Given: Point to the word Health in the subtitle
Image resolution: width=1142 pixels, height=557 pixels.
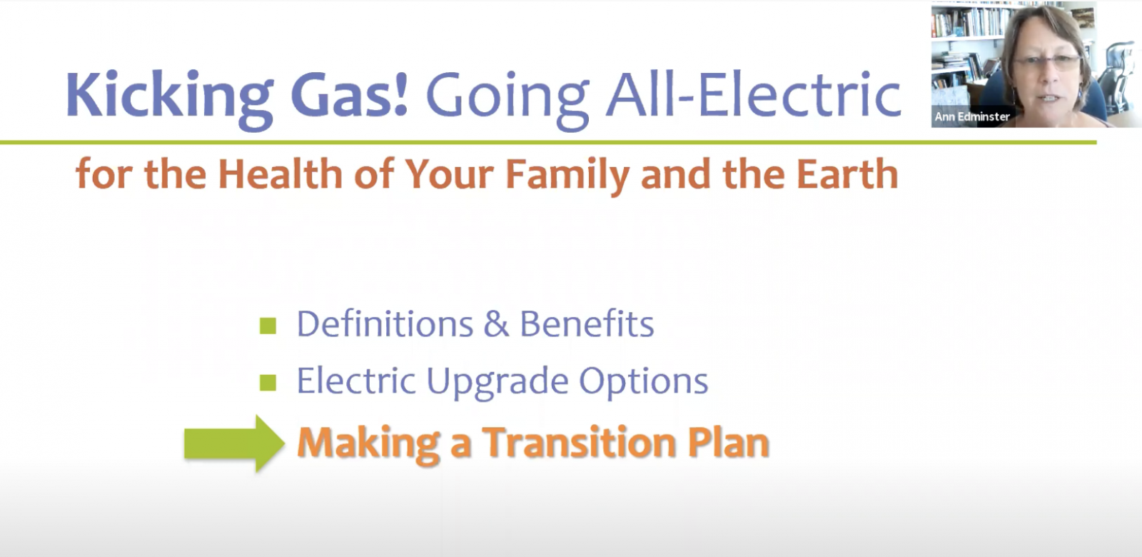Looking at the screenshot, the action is pyautogui.click(x=280, y=174).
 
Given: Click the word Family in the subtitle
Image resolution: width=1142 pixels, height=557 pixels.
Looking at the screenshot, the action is pyautogui.click(x=567, y=176).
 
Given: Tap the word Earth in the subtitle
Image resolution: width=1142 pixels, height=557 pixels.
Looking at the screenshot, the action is pyautogui.click(x=847, y=174).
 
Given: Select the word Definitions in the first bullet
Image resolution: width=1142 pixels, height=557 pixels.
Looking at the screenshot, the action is pyautogui.click(x=385, y=323).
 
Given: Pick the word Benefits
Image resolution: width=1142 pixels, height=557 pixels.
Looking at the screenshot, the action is pyautogui.click(x=587, y=323).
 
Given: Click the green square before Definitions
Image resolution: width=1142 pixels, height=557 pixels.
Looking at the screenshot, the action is pyautogui.click(x=268, y=326).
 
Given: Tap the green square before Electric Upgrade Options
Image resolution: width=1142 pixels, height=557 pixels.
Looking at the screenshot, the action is pyautogui.click(x=268, y=383).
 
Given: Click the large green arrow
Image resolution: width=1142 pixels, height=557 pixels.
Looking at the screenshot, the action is pyautogui.click(x=234, y=443).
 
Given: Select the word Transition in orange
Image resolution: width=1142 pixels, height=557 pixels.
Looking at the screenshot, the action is pyautogui.click(x=579, y=442).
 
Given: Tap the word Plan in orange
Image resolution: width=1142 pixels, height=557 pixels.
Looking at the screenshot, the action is pyautogui.click(x=728, y=442).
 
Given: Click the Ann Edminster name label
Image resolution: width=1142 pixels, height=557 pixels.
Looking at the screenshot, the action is pyautogui.click(x=972, y=117).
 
